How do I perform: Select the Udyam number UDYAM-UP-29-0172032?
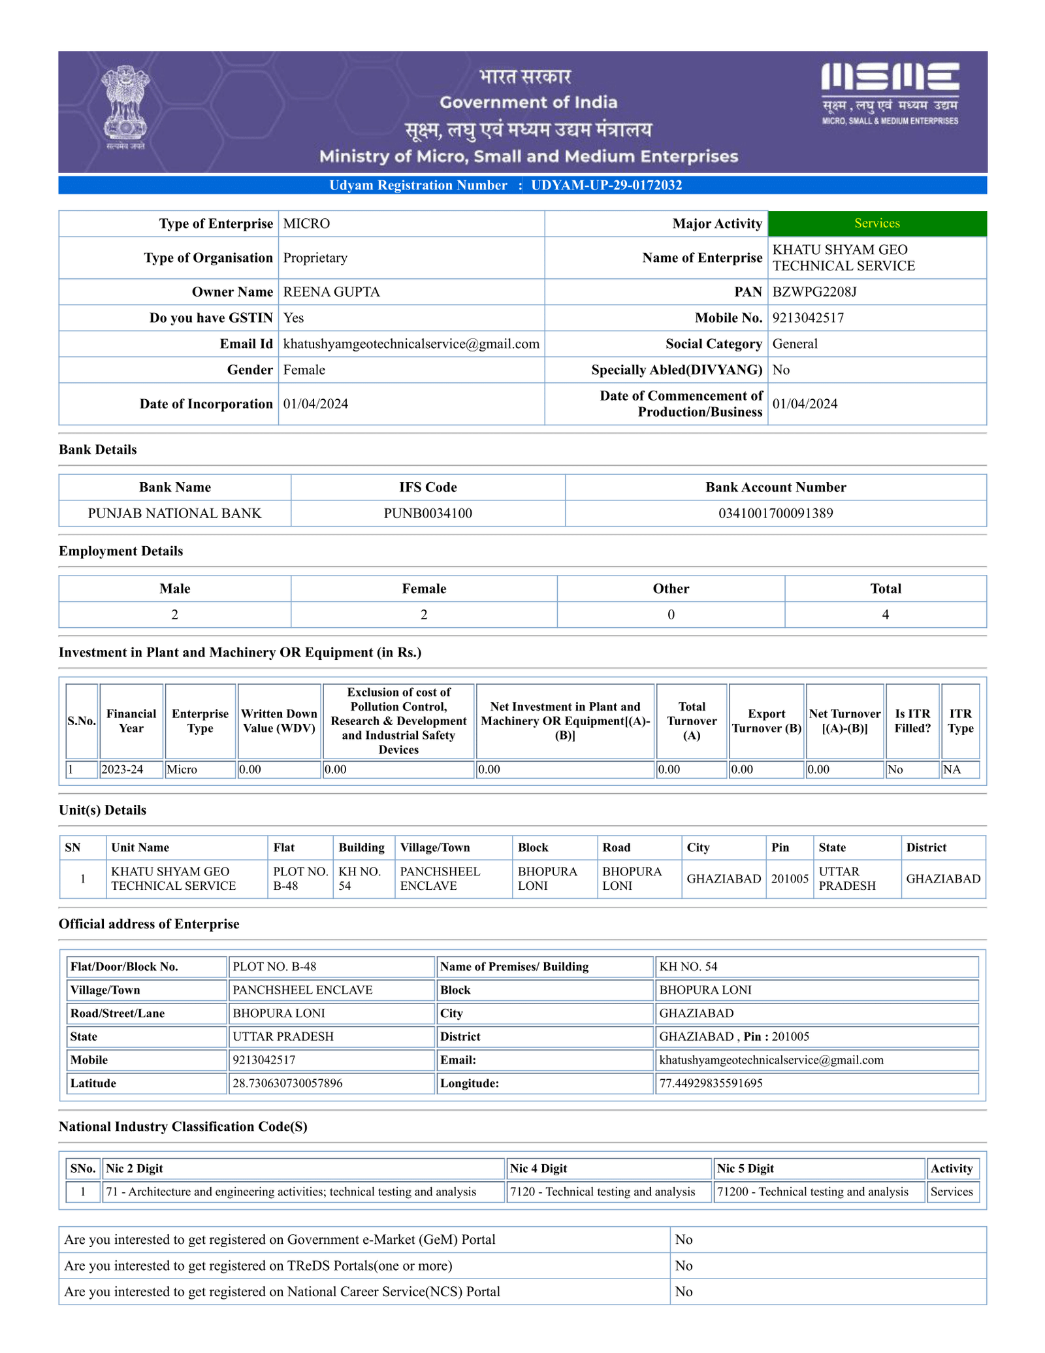point(606,186)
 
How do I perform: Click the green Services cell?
point(876,223)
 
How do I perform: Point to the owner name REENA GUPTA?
point(331,292)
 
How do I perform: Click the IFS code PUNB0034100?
point(428,513)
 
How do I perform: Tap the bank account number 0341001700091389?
point(775,513)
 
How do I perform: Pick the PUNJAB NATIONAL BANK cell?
point(174,513)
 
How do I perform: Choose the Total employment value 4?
point(885,615)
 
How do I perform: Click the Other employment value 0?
point(671,615)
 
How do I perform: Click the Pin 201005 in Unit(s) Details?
point(790,879)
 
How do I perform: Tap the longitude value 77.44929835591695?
point(711,1083)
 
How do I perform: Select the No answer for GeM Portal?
point(684,1239)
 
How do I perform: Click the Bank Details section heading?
point(98,449)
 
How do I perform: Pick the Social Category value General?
point(795,344)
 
